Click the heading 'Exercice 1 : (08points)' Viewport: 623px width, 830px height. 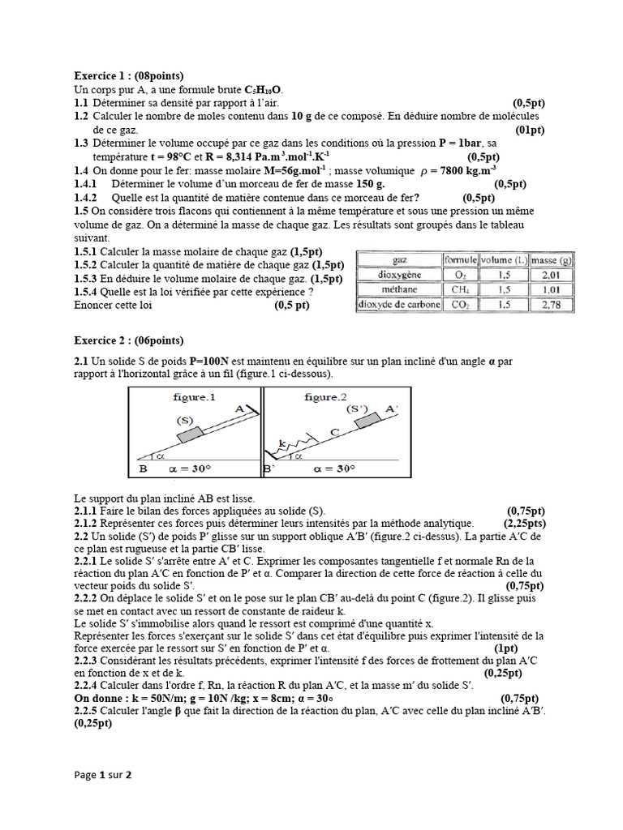click(x=129, y=75)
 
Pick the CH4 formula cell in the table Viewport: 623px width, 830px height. click(x=459, y=289)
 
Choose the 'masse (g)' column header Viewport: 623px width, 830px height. click(x=552, y=259)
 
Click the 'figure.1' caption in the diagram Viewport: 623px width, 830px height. click(x=193, y=397)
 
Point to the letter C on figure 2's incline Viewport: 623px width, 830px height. click(x=333, y=434)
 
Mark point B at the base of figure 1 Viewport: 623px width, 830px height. click(x=143, y=468)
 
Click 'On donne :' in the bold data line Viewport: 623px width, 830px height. click(x=101, y=698)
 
